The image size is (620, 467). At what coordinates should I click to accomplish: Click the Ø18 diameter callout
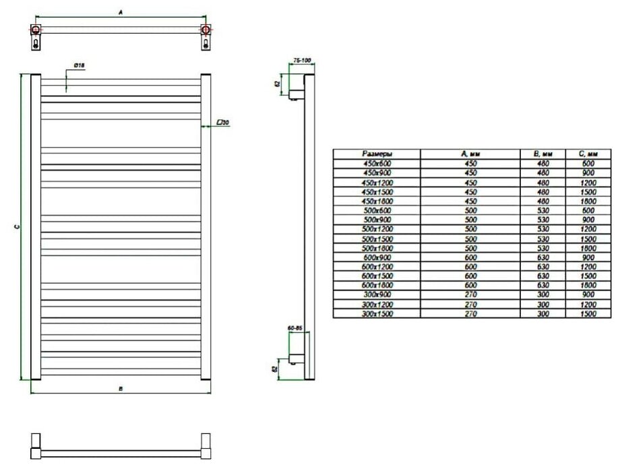tap(79, 65)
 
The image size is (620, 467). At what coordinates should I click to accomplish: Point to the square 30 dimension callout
tap(224, 123)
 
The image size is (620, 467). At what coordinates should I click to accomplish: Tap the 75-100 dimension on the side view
tap(302, 61)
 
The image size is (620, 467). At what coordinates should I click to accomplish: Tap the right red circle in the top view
tap(205, 30)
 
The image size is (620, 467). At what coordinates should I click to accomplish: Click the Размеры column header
tap(377, 154)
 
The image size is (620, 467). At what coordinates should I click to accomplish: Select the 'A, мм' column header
tap(470, 154)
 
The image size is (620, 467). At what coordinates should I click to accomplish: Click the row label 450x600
tap(377, 164)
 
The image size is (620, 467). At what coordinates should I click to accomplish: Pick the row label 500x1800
tap(377, 249)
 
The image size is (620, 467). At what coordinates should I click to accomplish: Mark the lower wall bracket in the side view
tap(294, 355)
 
